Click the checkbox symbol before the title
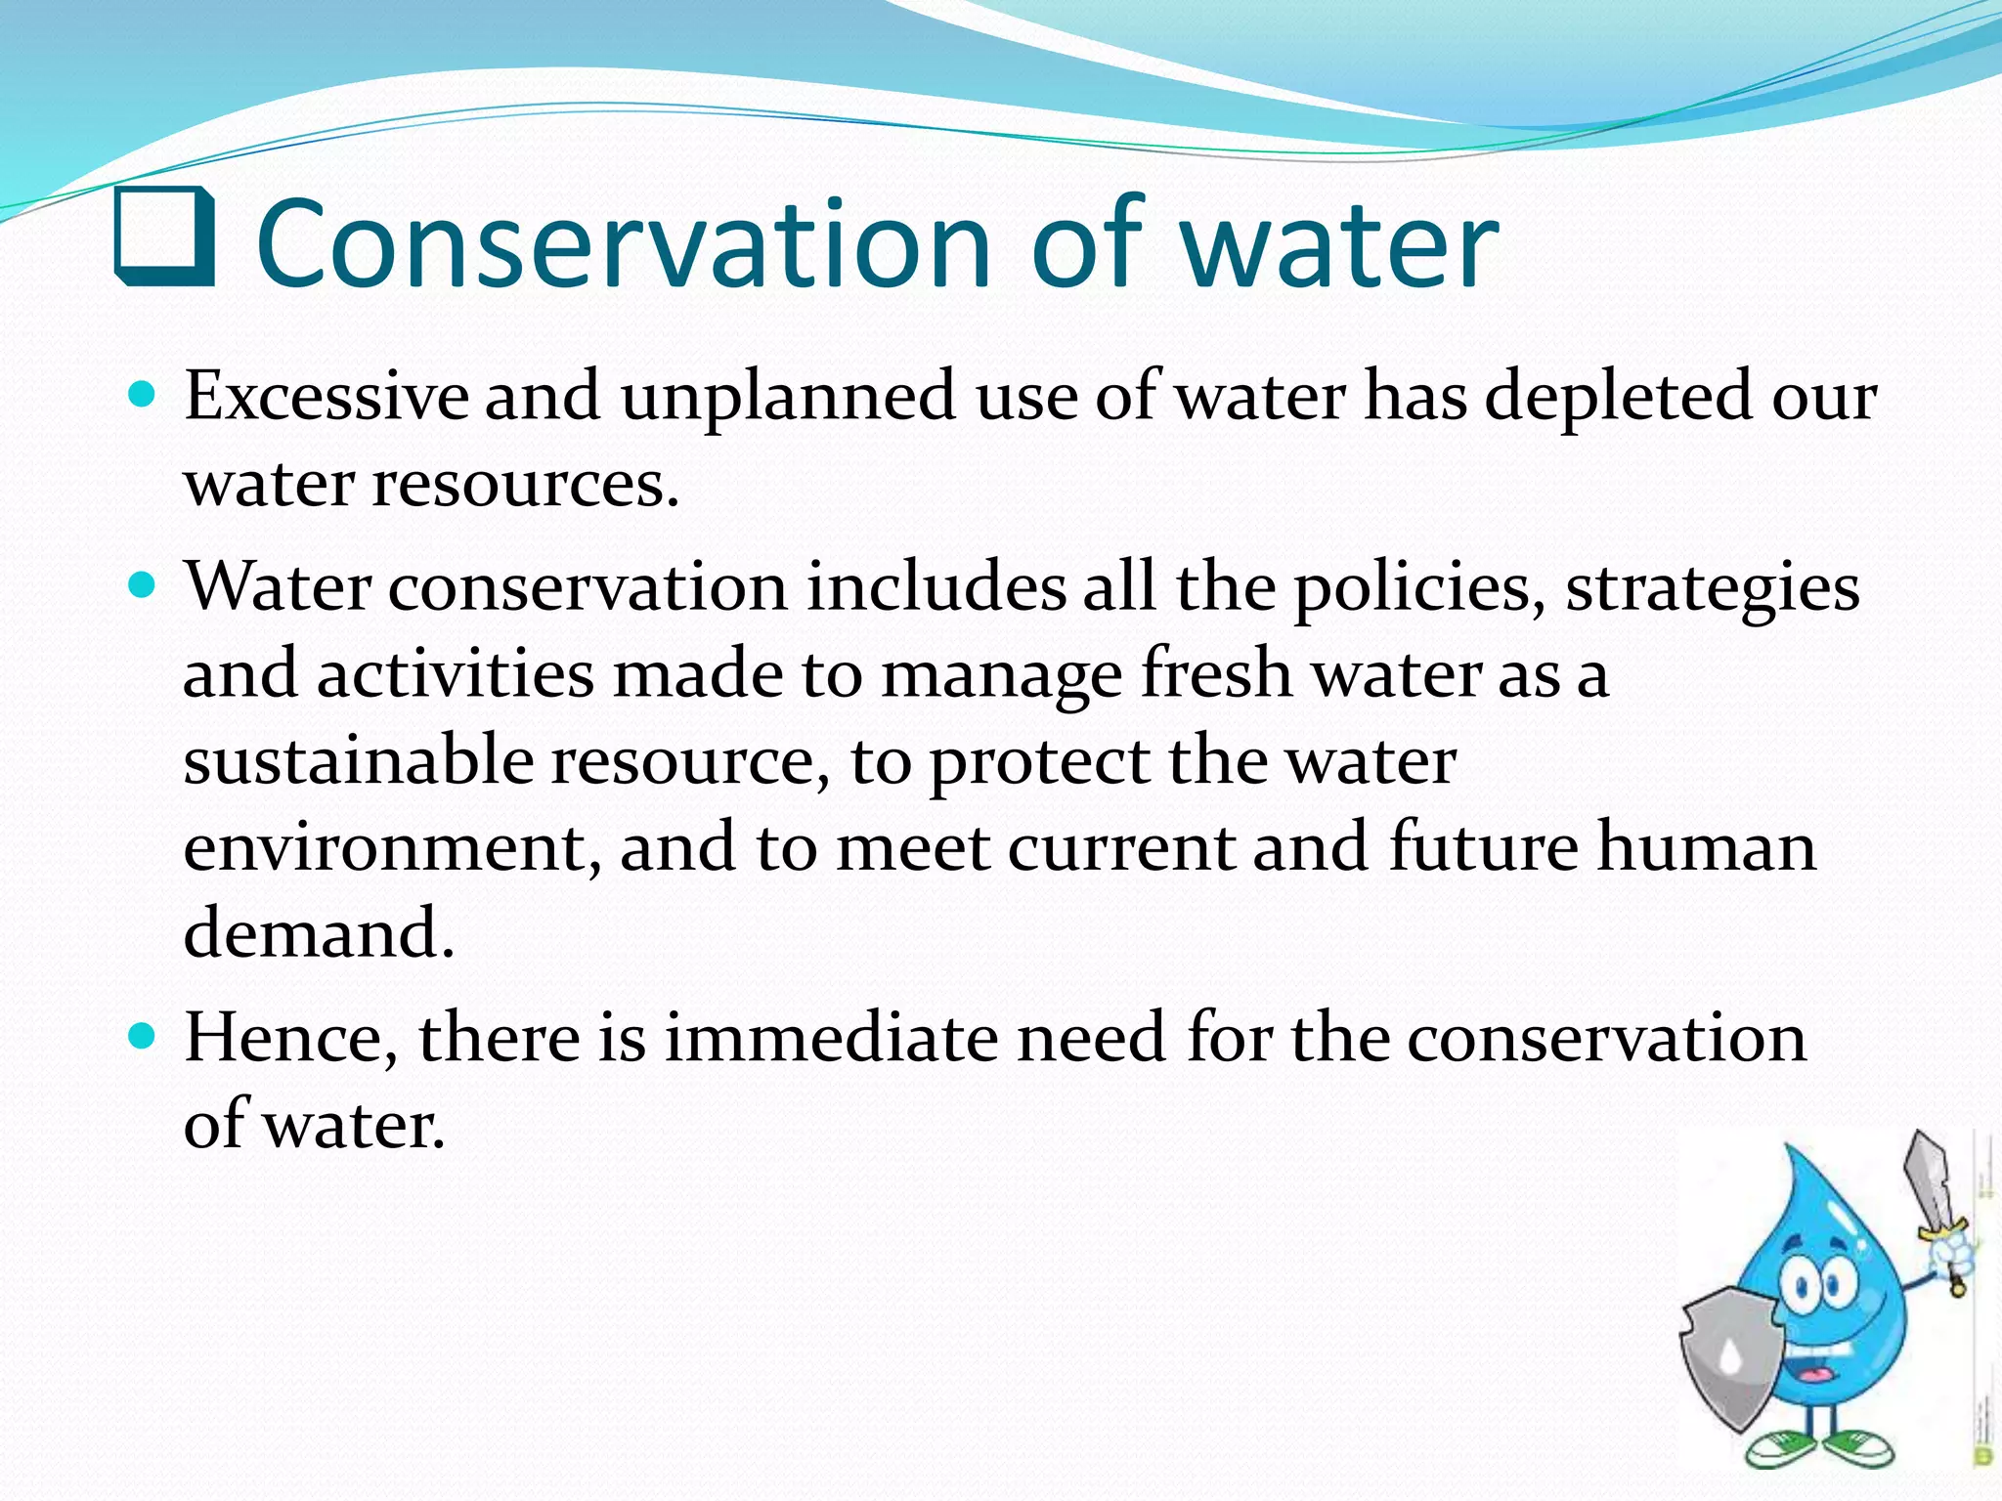[164, 236]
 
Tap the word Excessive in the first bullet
[326, 397]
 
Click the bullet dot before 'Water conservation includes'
[143, 586]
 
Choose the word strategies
[1713, 589]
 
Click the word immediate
[831, 1038]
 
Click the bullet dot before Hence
[143, 1036]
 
